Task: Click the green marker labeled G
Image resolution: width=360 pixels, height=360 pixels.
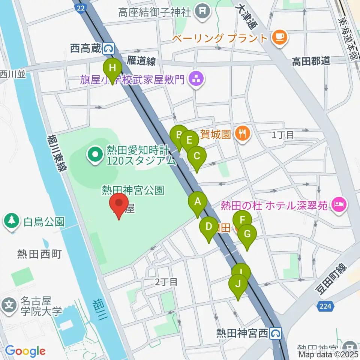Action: point(247,234)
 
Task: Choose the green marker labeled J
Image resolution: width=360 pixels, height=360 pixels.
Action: point(238,285)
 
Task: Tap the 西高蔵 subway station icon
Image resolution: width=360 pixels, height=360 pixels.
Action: point(109,48)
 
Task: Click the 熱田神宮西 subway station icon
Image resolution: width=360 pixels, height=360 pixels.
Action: point(276,333)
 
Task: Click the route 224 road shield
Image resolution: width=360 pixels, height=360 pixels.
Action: point(325,306)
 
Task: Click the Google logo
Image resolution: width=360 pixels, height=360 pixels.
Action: point(25,351)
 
